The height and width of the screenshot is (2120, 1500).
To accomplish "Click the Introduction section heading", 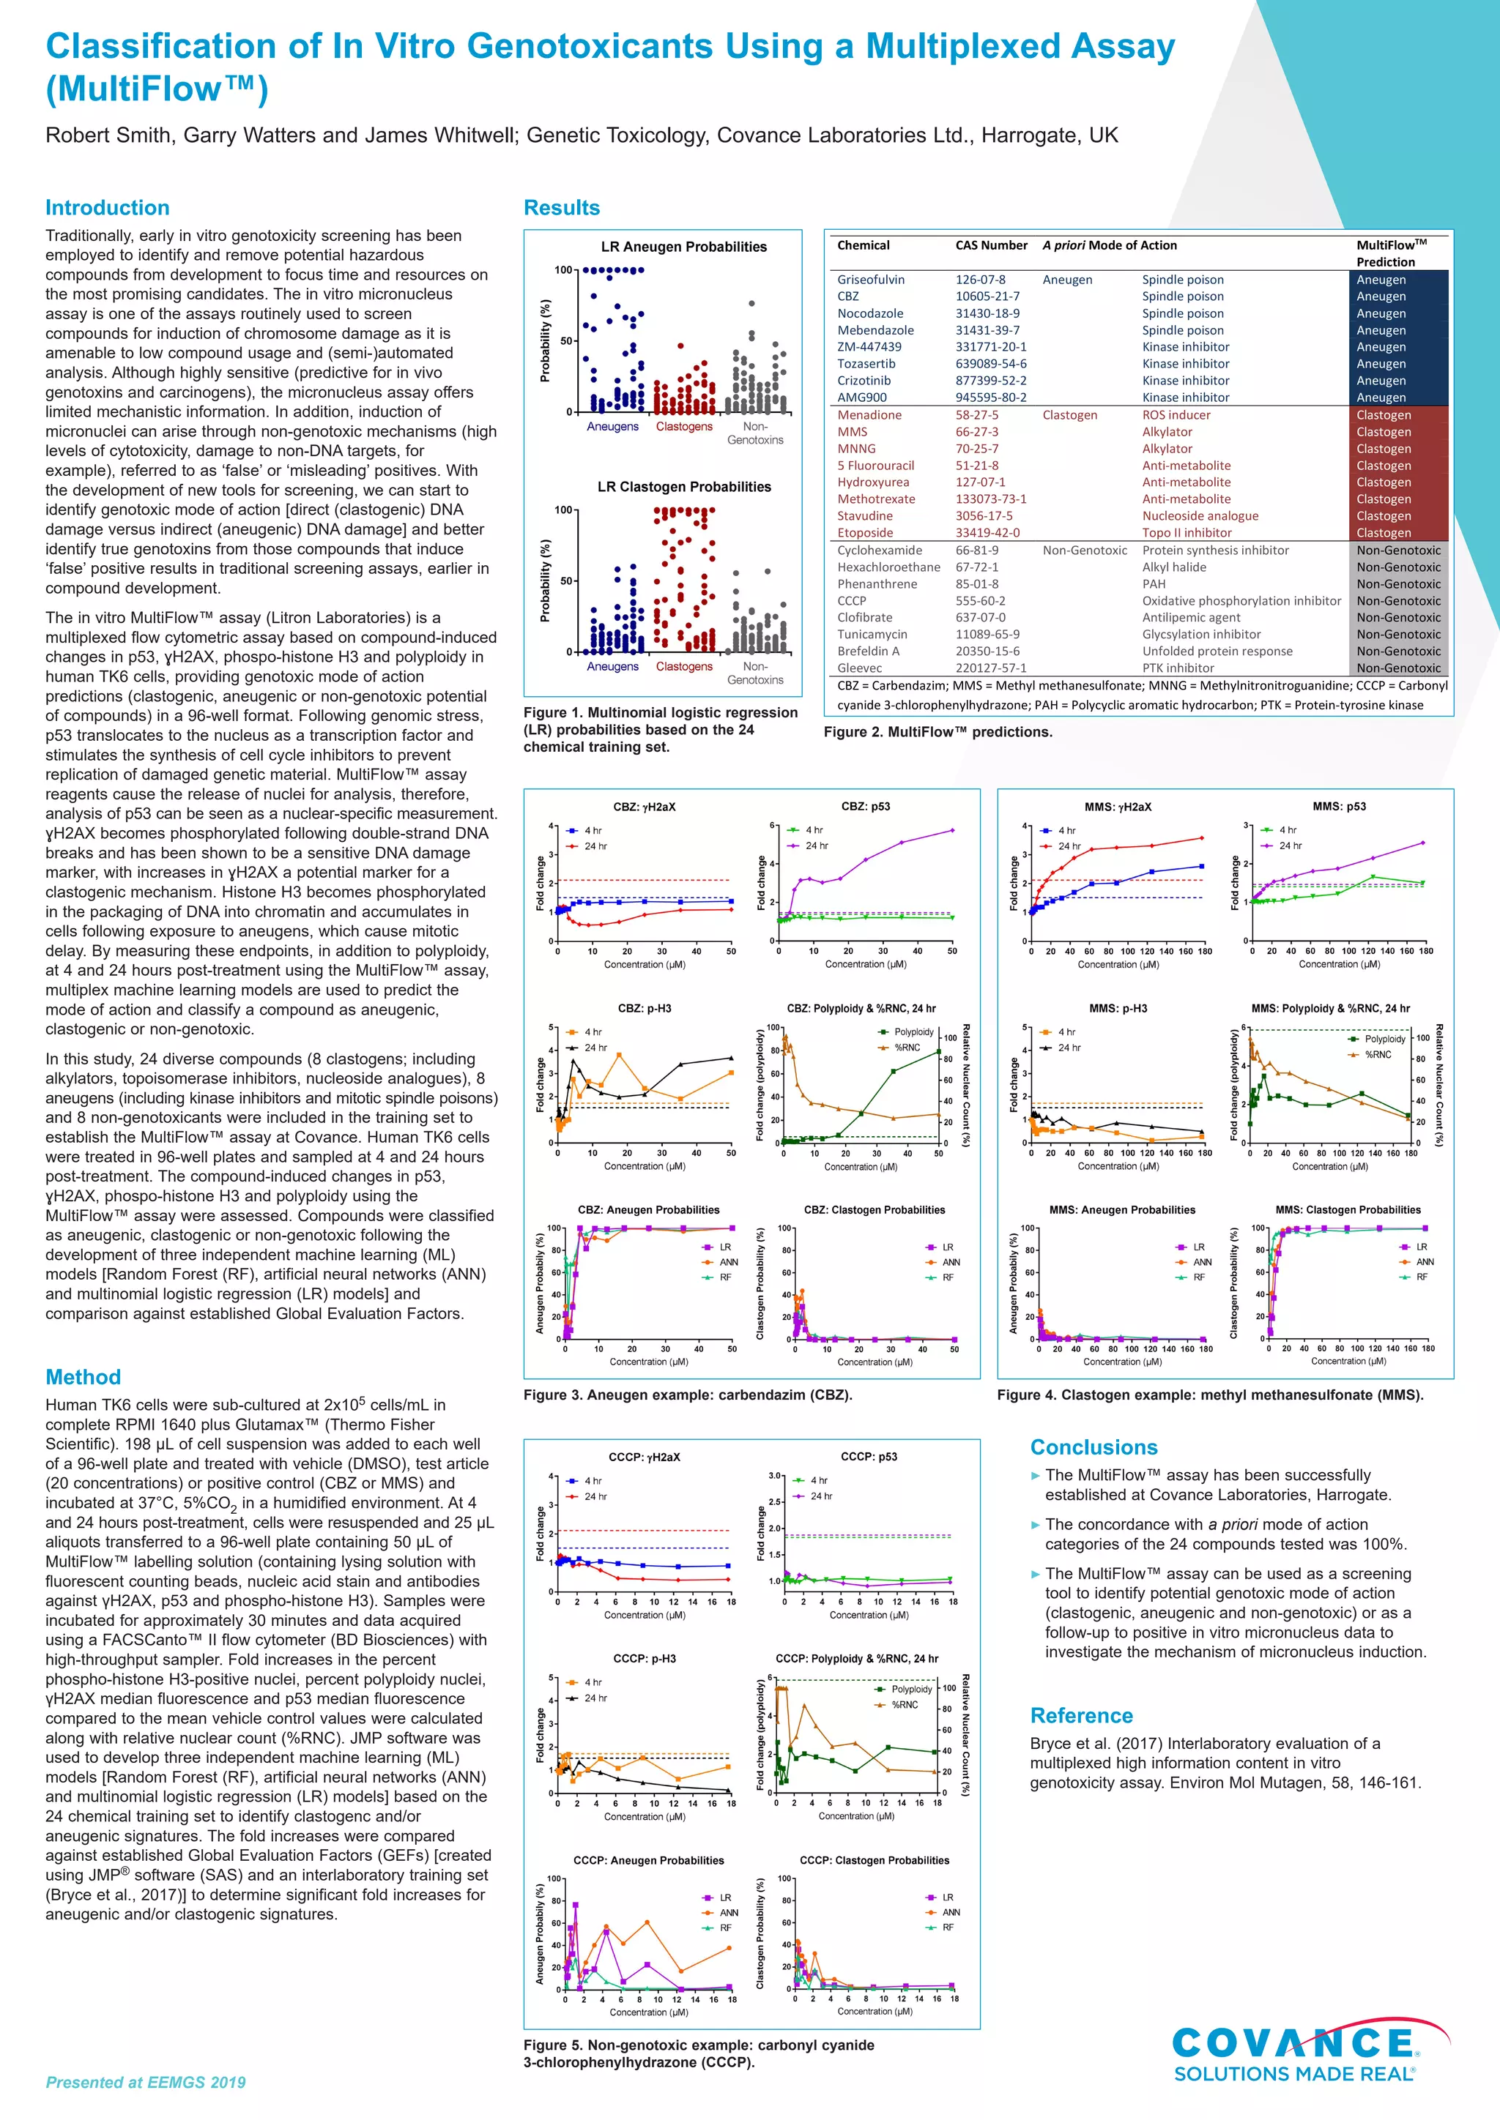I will (x=107, y=208).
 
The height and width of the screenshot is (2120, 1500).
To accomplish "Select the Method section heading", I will (x=83, y=1377).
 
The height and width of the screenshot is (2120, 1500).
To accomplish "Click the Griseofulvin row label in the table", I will (x=870, y=280).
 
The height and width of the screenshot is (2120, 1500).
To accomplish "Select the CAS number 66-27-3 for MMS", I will (x=976, y=431).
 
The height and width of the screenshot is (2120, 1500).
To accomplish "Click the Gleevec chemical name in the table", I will (x=859, y=668).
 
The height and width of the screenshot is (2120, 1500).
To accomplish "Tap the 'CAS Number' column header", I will (x=990, y=246).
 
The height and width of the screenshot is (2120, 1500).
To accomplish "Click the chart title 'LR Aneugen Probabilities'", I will (x=683, y=247).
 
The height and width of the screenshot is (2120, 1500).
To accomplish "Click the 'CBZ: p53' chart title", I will (x=866, y=806).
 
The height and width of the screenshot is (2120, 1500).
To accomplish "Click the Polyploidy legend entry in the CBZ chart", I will (x=912, y=1032).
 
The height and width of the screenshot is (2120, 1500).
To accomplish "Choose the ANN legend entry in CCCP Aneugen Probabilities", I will (x=728, y=1912).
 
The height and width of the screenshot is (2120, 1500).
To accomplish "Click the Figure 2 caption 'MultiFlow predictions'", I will (x=937, y=732).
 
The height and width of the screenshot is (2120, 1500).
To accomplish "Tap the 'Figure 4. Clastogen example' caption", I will (x=1209, y=1395).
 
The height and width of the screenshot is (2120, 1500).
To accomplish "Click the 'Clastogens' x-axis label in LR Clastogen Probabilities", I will (x=683, y=667).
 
